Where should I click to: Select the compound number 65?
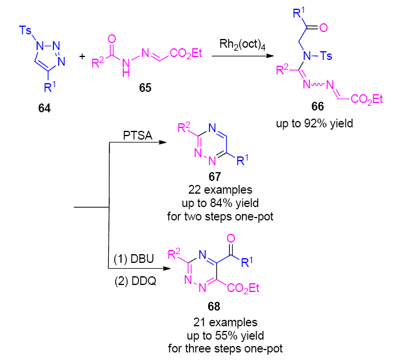pyautogui.click(x=142, y=88)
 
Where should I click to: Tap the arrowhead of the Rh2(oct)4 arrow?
pyautogui.click(x=272, y=56)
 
